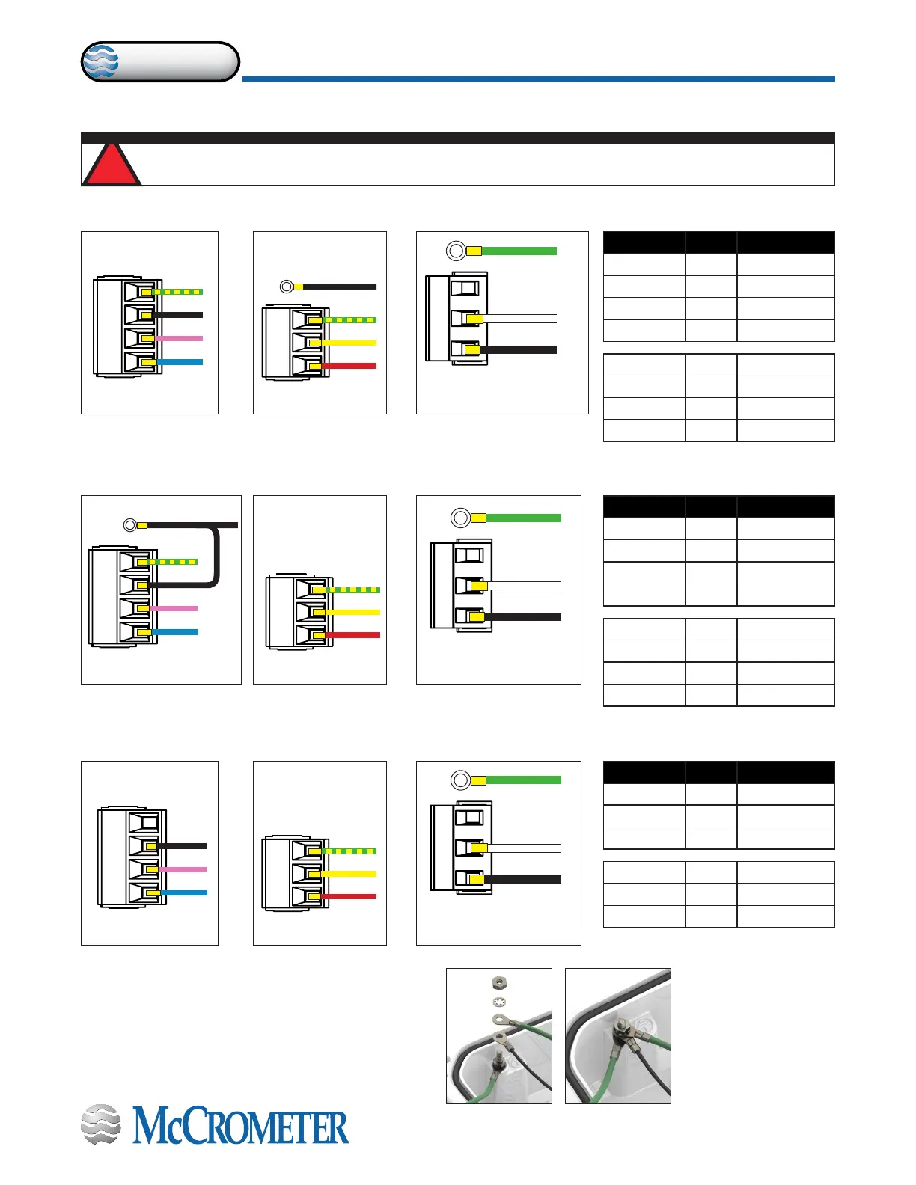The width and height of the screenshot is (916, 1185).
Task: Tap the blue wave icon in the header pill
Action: [100, 62]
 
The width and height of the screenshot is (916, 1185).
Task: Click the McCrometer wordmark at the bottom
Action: [240, 1127]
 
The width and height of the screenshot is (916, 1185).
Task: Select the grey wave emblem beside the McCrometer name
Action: [100, 1124]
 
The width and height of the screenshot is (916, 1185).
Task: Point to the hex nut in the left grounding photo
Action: [499, 982]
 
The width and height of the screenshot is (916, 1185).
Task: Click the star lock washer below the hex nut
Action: [499, 1002]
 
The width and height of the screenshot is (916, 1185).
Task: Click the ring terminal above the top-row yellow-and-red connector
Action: [286, 287]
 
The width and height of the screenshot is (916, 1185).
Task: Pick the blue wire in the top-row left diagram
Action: [180, 362]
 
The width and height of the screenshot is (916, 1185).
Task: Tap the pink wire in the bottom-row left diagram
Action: [183, 869]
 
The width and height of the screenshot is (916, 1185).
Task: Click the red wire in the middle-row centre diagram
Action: [352, 635]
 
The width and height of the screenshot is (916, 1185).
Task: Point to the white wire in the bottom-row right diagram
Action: [524, 848]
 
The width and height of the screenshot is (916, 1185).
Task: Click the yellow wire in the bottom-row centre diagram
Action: [349, 874]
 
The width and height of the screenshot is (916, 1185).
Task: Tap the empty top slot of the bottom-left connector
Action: [144, 822]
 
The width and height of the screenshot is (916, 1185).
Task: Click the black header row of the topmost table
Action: [718, 242]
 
